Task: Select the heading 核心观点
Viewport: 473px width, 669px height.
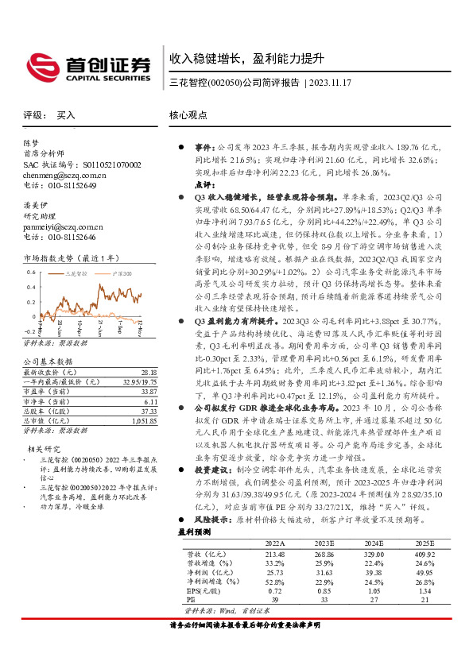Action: (x=188, y=115)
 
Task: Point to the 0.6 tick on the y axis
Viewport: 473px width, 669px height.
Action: (x=31, y=273)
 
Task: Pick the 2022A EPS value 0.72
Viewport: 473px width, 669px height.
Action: (x=275, y=590)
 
